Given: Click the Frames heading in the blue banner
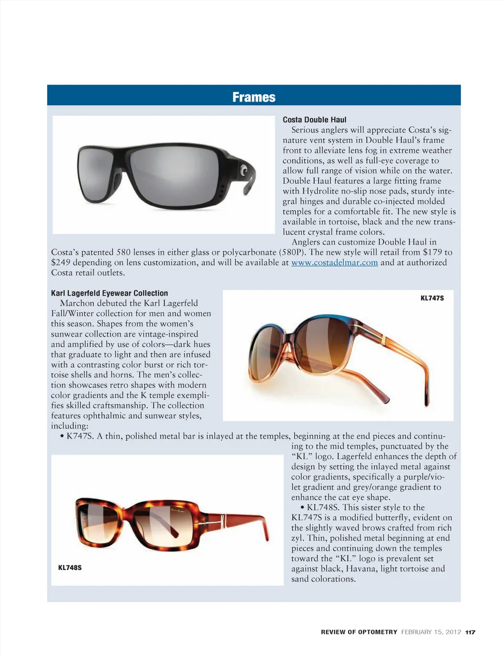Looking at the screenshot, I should [x=254, y=97].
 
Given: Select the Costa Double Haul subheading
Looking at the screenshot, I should [x=314, y=119].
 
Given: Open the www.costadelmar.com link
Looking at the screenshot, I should [x=334, y=262].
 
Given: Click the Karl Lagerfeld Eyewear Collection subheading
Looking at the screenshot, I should [x=110, y=293].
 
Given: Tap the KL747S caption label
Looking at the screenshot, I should [x=432, y=298].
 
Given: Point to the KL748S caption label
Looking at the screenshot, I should [x=70, y=567].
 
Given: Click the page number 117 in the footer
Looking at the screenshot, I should [x=470, y=632].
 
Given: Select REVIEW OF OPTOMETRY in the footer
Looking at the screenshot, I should [x=359, y=632].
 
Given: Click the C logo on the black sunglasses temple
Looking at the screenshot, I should [x=244, y=171].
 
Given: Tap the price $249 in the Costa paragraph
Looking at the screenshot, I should [x=61, y=262].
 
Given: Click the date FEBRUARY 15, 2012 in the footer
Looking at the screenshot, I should [x=431, y=632].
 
